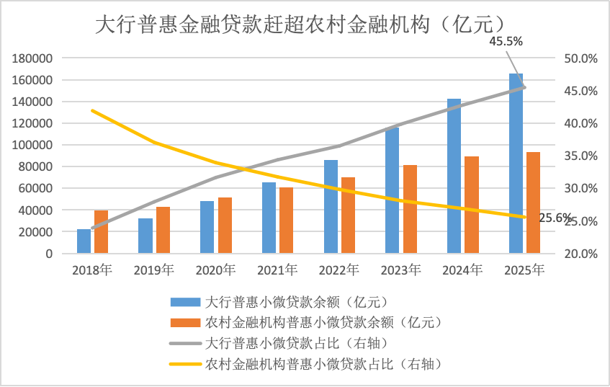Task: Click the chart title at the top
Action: point(305,25)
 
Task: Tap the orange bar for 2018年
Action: point(101,232)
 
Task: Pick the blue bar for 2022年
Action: point(331,207)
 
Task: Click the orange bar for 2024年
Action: point(472,205)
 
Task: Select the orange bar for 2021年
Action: point(287,221)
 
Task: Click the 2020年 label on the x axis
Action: point(215,270)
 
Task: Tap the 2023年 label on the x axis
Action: point(400,270)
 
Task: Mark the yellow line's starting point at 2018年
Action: point(92,110)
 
